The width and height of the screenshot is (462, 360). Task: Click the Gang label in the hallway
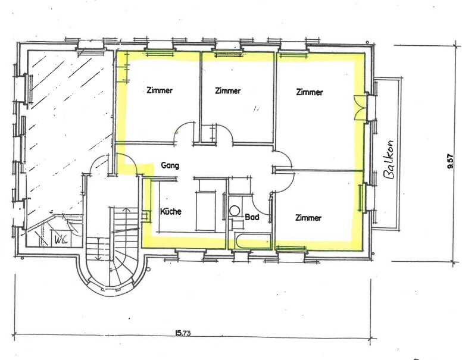tap(170, 165)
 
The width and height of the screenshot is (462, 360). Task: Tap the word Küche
tap(171, 211)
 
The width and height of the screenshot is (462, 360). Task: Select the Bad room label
tap(252, 217)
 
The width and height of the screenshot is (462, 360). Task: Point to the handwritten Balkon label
tap(389, 159)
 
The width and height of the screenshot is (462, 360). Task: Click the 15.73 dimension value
tap(183, 333)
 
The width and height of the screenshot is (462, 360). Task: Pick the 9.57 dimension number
tap(449, 161)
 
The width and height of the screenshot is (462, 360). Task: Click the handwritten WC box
tap(61, 239)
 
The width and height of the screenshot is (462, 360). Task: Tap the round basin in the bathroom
tap(235, 211)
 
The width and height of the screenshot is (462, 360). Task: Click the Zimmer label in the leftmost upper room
tap(160, 90)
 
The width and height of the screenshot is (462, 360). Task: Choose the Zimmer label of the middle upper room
tap(228, 90)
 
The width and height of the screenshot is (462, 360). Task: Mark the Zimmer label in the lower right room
tap(308, 218)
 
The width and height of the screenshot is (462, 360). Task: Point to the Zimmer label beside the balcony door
tap(310, 92)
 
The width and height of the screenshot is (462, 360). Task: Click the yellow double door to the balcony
tap(360, 108)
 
